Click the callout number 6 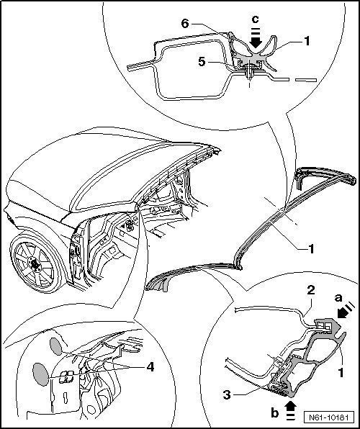point(185,24)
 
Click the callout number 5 point(202,62)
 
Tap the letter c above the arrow point(255,19)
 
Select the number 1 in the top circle point(307,41)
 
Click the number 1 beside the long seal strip point(311,249)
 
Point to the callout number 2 point(311,291)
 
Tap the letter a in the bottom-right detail point(338,298)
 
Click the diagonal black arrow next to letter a point(346,310)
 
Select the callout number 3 point(227,394)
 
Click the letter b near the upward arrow point(275,413)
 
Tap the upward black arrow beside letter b point(291,410)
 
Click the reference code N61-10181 point(329,417)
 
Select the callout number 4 point(150,366)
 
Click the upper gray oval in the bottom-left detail point(56,346)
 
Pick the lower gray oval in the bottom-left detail point(41,374)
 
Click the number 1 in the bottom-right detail point(341,372)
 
